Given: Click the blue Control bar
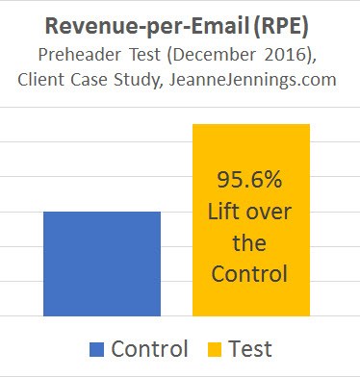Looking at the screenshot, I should click(x=101, y=263).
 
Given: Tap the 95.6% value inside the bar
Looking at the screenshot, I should click(x=250, y=181).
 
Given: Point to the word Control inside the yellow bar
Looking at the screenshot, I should click(x=250, y=274).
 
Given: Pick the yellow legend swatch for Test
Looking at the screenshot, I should click(x=213, y=349).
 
